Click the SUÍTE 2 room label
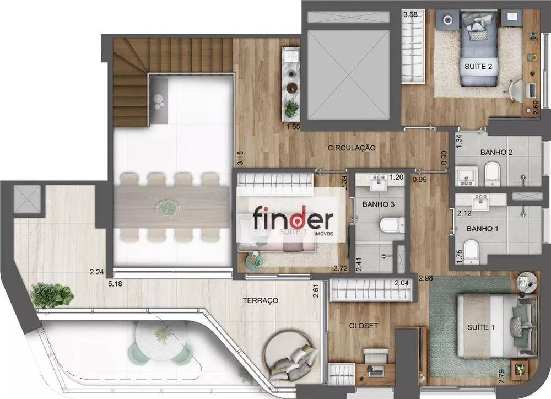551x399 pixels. click(x=474, y=67)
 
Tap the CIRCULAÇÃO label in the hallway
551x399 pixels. click(x=352, y=148)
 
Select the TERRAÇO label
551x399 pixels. click(x=260, y=300)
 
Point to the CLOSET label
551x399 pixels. click(x=363, y=326)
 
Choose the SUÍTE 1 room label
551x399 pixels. click(x=481, y=327)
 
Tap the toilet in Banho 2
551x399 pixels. click(x=492, y=173)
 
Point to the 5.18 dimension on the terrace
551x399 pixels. click(x=115, y=284)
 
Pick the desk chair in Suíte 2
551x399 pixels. click(x=516, y=89)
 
